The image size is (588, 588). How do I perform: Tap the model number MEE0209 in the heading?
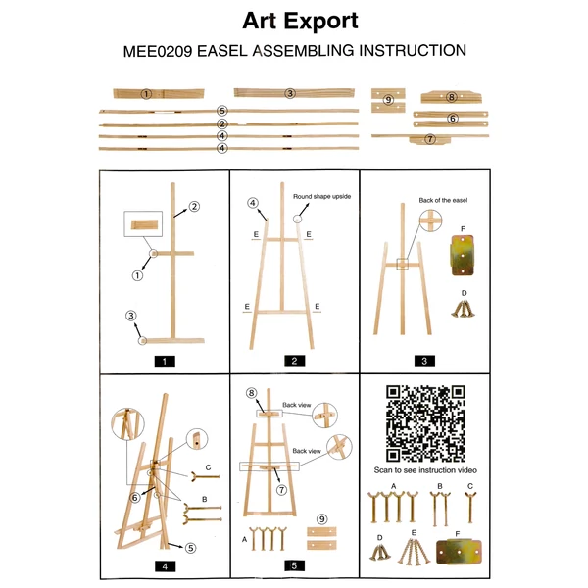point(158,51)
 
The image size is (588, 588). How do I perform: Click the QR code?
point(425,423)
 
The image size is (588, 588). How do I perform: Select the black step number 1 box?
point(165,361)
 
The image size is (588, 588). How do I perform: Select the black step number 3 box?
point(424,361)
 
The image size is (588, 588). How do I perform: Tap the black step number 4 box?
point(165,566)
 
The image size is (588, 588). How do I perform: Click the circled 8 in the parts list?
point(451,97)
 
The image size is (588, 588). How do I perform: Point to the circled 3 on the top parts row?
point(290,93)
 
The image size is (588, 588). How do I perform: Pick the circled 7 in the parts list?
point(430,139)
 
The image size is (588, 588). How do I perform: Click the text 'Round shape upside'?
point(321,197)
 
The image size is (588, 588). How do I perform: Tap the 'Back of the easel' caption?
point(443,200)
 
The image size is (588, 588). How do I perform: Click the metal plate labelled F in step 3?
point(463,256)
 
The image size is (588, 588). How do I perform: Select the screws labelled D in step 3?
point(464,309)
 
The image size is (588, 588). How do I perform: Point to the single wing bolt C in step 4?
point(206,477)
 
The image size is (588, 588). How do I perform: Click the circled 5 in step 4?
point(190,548)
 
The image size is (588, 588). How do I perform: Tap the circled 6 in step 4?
point(135,498)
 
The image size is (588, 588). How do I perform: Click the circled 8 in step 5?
point(251,393)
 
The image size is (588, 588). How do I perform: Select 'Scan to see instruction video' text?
point(425,470)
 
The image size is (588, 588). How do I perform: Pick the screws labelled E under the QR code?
point(414,551)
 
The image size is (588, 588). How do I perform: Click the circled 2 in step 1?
point(194,206)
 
